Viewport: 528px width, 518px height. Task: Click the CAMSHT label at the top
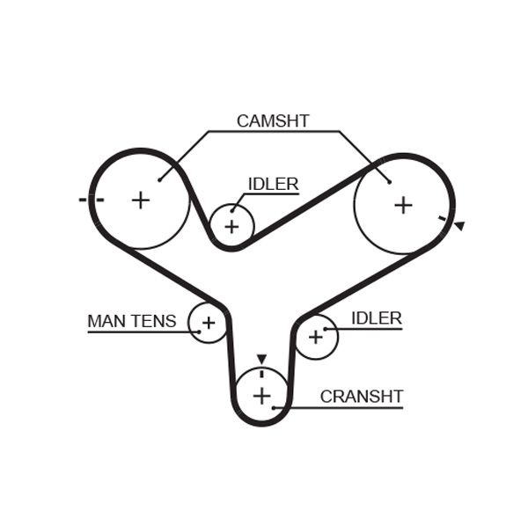[x=273, y=121]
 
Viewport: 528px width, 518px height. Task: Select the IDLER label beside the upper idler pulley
[x=273, y=185]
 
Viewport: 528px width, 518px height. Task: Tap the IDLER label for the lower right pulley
[x=376, y=318]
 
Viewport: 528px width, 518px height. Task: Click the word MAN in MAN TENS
[x=106, y=322]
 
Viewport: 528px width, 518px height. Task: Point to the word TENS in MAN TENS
[x=154, y=322]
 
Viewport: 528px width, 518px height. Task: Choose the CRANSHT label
[x=361, y=397]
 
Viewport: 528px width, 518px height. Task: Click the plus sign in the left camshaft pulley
[x=141, y=201]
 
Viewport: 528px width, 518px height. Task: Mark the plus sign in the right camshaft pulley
[x=403, y=205]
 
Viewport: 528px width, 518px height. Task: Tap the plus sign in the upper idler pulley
[x=231, y=227]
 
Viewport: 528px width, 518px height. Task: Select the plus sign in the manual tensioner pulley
[x=209, y=324]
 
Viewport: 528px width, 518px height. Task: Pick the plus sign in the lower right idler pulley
[x=315, y=337]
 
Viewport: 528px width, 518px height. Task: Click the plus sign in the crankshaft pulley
[x=261, y=396]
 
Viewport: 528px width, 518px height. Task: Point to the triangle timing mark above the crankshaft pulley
[x=261, y=359]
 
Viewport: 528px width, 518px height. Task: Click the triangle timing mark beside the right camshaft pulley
[x=458, y=226]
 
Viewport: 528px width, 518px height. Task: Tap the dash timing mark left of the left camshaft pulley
[x=90, y=200]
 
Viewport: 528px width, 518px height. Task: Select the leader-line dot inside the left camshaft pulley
[x=160, y=180]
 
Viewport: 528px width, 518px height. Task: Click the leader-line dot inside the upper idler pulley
[x=233, y=210]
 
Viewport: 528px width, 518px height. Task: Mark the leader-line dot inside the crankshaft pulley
[x=275, y=407]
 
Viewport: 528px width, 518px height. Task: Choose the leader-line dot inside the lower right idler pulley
[x=326, y=329]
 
